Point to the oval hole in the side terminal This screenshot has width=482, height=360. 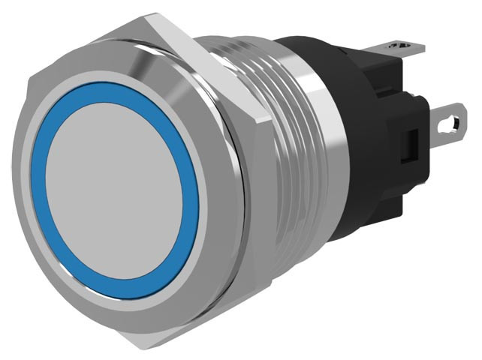tap(450, 120)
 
